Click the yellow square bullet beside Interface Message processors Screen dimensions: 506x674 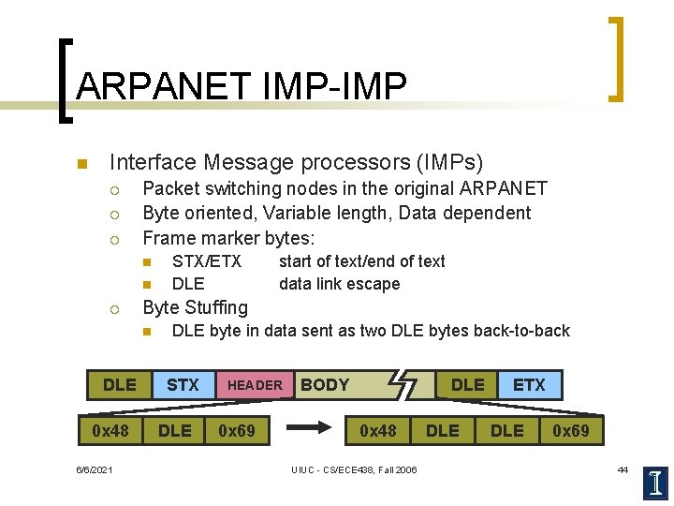(81, 165)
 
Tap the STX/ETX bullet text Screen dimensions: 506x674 (207, 261)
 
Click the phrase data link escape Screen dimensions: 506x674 (339, 284)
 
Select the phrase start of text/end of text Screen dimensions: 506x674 (361, 261)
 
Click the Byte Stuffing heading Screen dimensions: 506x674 (195, 307)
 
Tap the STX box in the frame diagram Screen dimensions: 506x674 (183, 384)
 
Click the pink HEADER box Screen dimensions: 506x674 (255, 385)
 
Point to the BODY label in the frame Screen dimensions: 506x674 (325, 384)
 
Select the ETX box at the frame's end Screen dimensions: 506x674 (529, 384)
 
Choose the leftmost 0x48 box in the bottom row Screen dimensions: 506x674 (110, 431)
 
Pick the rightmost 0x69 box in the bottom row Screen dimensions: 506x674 (570, 431)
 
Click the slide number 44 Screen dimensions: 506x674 (623, 469)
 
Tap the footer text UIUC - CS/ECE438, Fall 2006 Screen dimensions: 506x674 (354, 469)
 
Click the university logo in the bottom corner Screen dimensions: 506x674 (655, 483)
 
